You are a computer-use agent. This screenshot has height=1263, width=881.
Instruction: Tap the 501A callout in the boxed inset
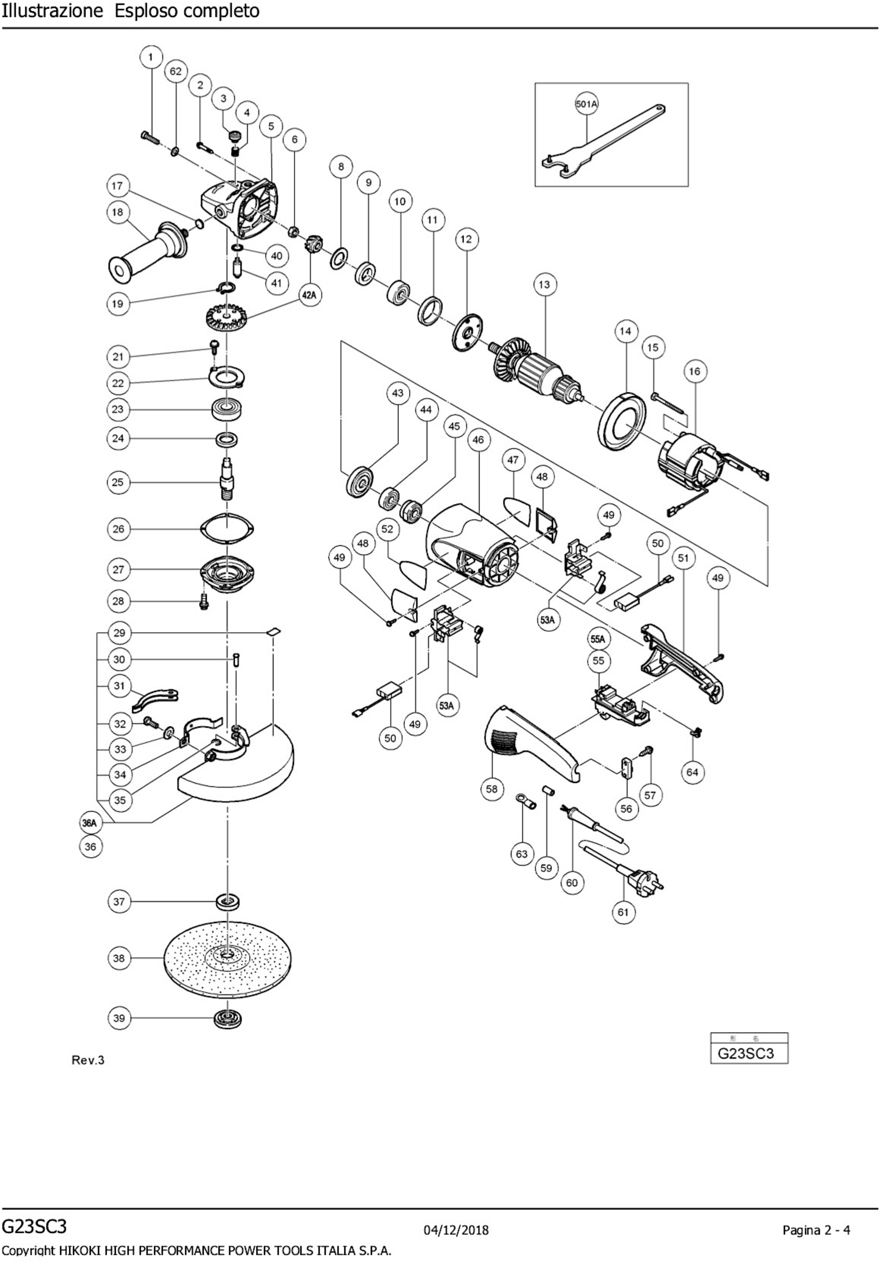587,103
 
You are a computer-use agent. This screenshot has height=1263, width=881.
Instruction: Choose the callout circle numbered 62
176,71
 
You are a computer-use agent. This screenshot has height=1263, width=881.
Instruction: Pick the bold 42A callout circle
310,295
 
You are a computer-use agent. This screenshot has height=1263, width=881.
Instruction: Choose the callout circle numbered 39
119,1018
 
